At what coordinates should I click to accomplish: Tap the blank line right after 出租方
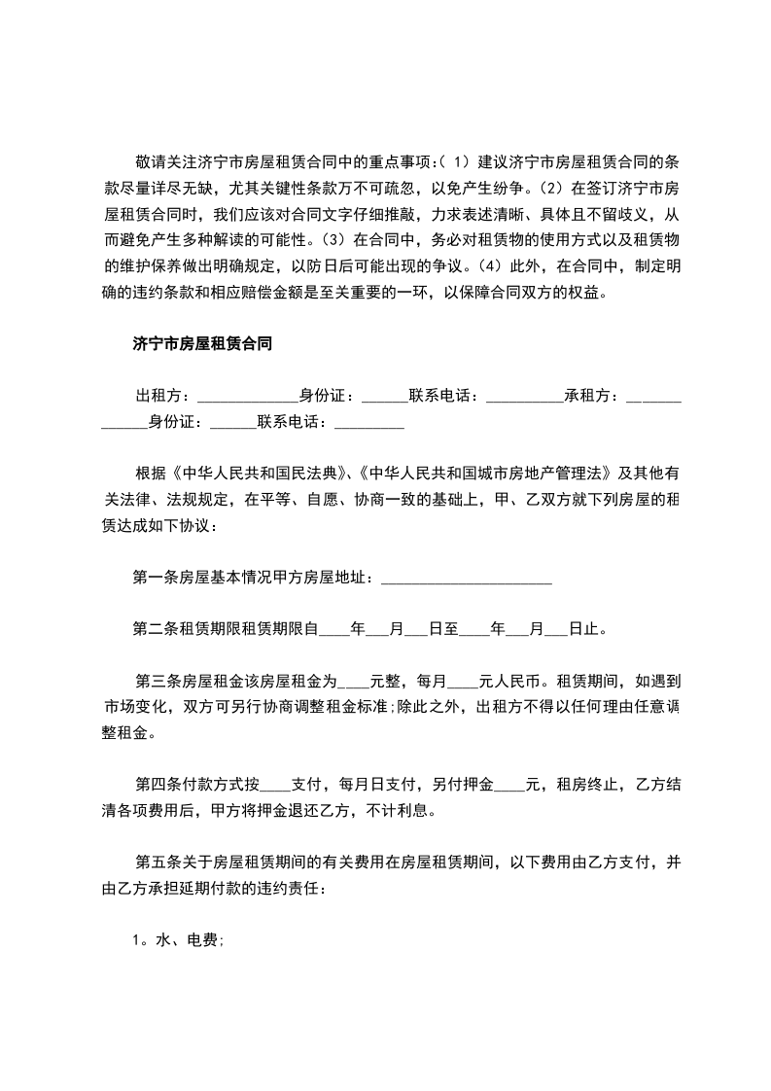[x=246, y=397]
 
